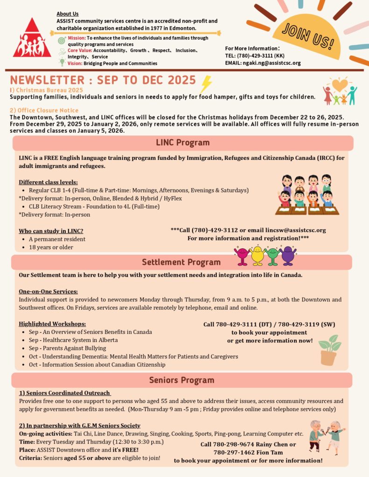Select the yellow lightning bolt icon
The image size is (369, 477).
pyautogui.click(x=206, y=84)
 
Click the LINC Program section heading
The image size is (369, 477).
pyautogui.click(x=182, y=143)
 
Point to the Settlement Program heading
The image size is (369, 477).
pyautogui.click(x=181, y=262)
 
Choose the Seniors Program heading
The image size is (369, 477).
pyautogui.click(x=181, y=380)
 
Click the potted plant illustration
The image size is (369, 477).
pyautogui.click(x=329, y=350)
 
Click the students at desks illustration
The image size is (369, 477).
pyautogui.click(x=306, y=195)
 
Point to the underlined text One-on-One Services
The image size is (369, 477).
pyautogui.click(x=48, y=292)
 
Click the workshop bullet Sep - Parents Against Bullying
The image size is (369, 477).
pyautogui.click(x=67, y=348)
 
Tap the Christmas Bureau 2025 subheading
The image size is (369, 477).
pyautogui.click(x=47, y=90)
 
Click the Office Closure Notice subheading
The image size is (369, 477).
pyautogui.click(x=44, y=110)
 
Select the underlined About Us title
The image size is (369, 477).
pyautogui.click(x=68, y=14)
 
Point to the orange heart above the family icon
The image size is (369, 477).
pyautogui.click(x=340, y=85)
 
